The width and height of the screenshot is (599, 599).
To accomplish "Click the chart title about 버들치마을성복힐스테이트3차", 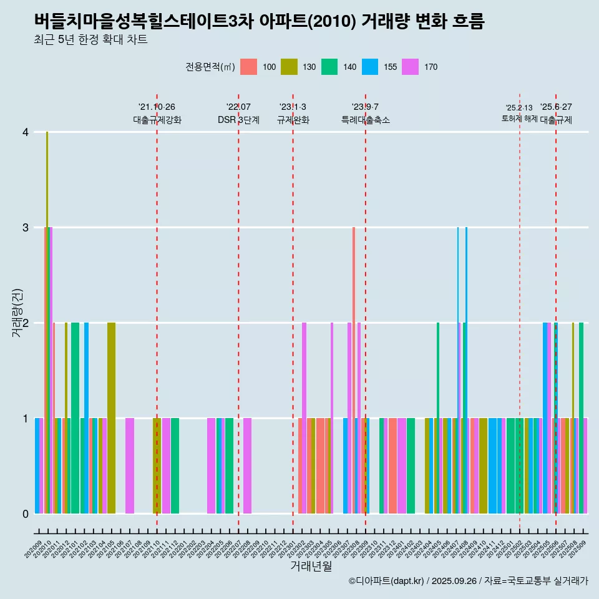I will [x=259, y=21].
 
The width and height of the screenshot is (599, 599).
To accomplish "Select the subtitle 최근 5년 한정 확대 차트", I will [x=90, y=40].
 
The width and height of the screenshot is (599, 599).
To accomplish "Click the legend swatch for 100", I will [x=248, y=67].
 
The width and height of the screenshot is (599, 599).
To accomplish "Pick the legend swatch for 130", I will [x=289, y=67].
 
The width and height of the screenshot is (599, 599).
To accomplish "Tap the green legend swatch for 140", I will [x=329, y=67].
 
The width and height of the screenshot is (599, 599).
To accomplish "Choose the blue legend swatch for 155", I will [x=370, y=67].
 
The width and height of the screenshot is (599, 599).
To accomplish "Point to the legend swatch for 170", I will [x=411, y=67].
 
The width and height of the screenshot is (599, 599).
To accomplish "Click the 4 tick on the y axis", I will [x=26, y=132].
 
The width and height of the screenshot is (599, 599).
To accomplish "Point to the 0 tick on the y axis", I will [x=26, y=514].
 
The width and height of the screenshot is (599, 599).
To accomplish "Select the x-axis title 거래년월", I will [x=311, y=566].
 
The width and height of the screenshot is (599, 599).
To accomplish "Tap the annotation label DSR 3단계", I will [x=238, y=120].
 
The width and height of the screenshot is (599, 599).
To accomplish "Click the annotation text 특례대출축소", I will [x=365, y=120].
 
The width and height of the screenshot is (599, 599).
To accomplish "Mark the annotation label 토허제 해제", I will [x=519, y=119].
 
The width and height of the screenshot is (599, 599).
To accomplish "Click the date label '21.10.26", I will [x=157, y=107].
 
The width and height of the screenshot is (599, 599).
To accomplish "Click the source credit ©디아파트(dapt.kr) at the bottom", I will [x=468, y=581].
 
